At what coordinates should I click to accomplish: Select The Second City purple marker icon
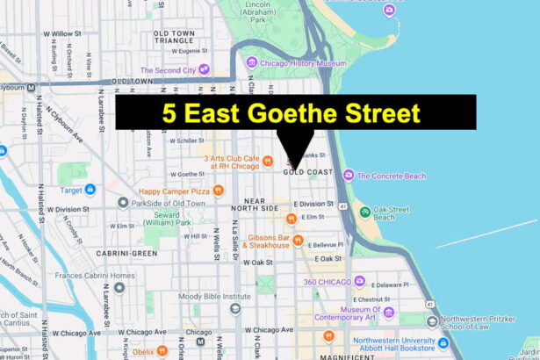tap(204, 68)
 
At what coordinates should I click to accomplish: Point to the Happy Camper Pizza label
tap(175, 190)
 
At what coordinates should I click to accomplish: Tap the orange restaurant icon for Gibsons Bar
tap(299, 240)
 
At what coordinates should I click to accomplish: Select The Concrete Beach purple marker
tap(349, 175)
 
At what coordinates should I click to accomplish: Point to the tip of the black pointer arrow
tap(296, 167)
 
